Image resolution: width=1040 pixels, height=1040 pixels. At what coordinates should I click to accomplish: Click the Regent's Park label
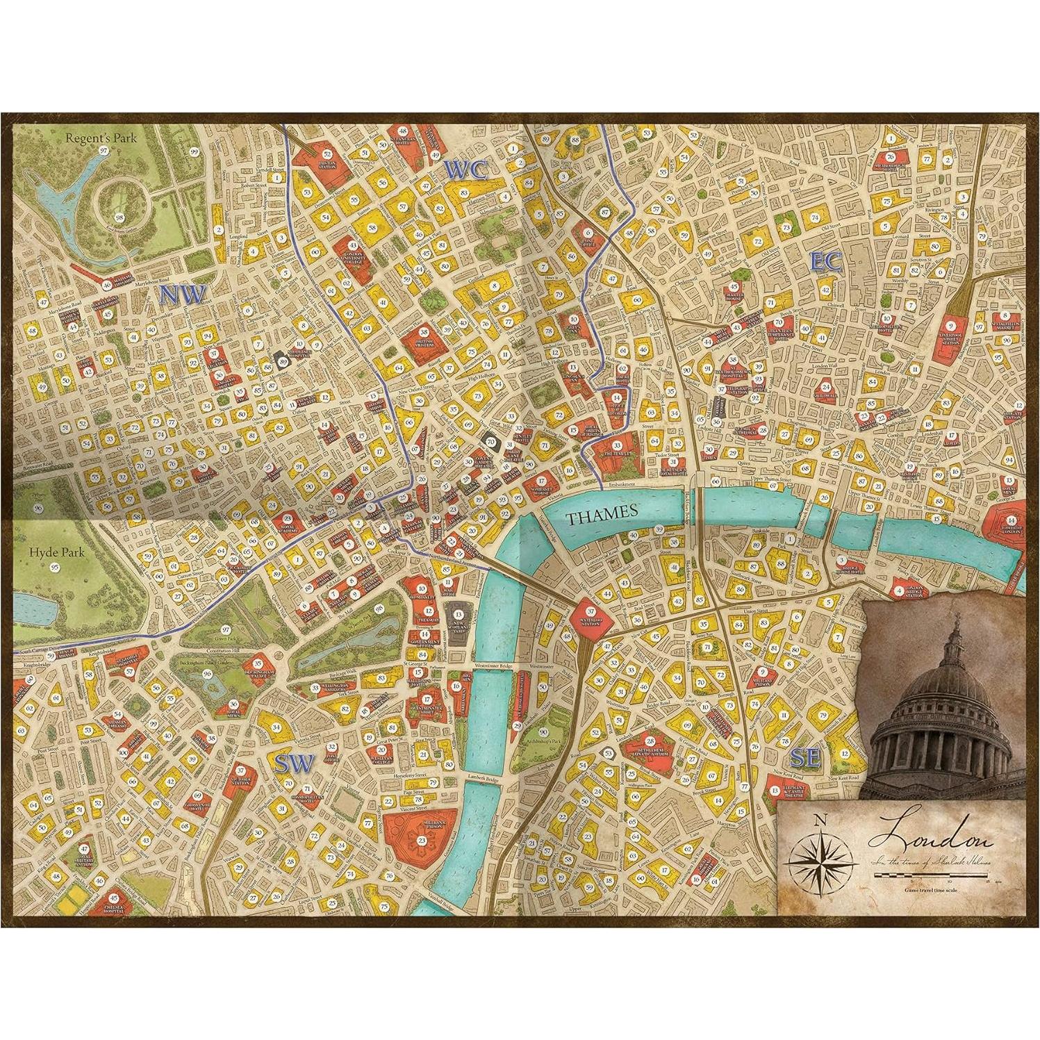click(x=101, y=138)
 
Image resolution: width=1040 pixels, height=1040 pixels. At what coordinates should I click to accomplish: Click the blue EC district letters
click(x=826, y=261)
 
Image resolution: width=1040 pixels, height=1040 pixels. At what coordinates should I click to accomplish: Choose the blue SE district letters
click(x=806, y=759)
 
